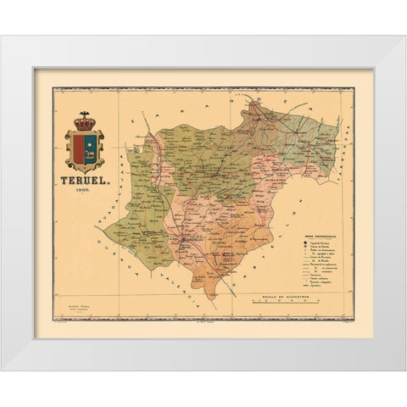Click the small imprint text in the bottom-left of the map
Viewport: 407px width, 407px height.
pyautogui.click(x=79, y=307)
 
